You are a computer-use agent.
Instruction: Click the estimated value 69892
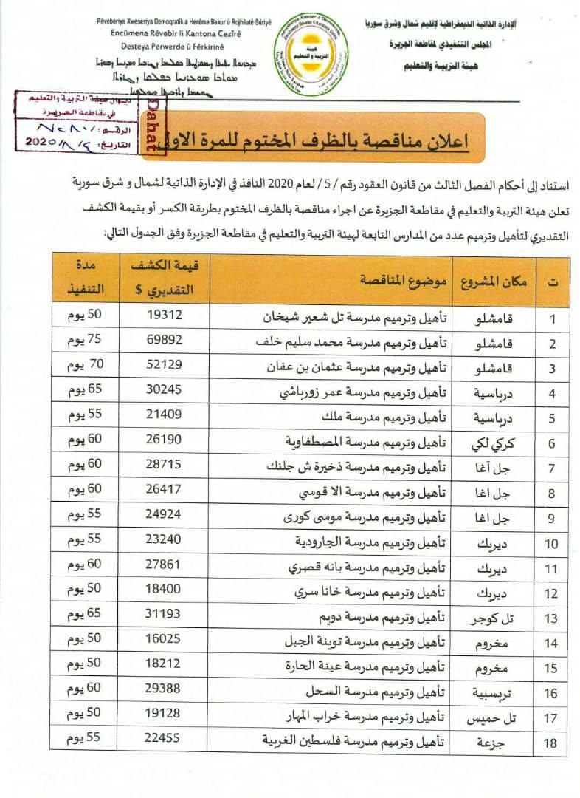167,343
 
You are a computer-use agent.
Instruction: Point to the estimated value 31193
167,617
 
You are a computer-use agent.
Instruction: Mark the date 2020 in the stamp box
46,140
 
